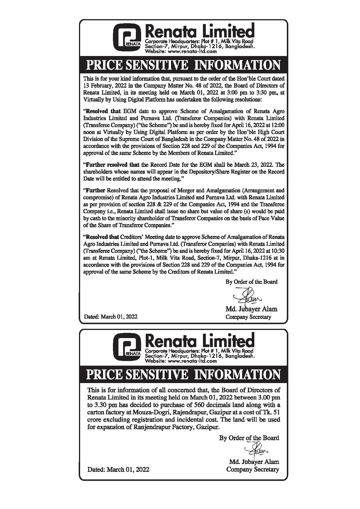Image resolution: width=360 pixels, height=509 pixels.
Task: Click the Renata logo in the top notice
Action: pos(127,37)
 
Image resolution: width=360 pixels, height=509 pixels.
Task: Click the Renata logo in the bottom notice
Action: pos(127,347)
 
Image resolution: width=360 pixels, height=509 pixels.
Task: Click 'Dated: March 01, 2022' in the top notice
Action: pos(110,317)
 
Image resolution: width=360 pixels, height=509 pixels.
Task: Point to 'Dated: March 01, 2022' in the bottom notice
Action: pos(118,469)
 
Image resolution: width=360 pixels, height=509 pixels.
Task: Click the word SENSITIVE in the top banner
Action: pos(156,65)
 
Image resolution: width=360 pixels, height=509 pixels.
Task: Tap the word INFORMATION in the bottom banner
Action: pos(237,374)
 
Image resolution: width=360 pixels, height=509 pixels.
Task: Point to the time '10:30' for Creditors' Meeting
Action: pos(278,251)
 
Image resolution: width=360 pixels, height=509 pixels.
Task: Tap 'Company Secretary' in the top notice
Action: pos(248,317)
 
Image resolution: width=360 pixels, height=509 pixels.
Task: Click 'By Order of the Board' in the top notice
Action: pos(251,282)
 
